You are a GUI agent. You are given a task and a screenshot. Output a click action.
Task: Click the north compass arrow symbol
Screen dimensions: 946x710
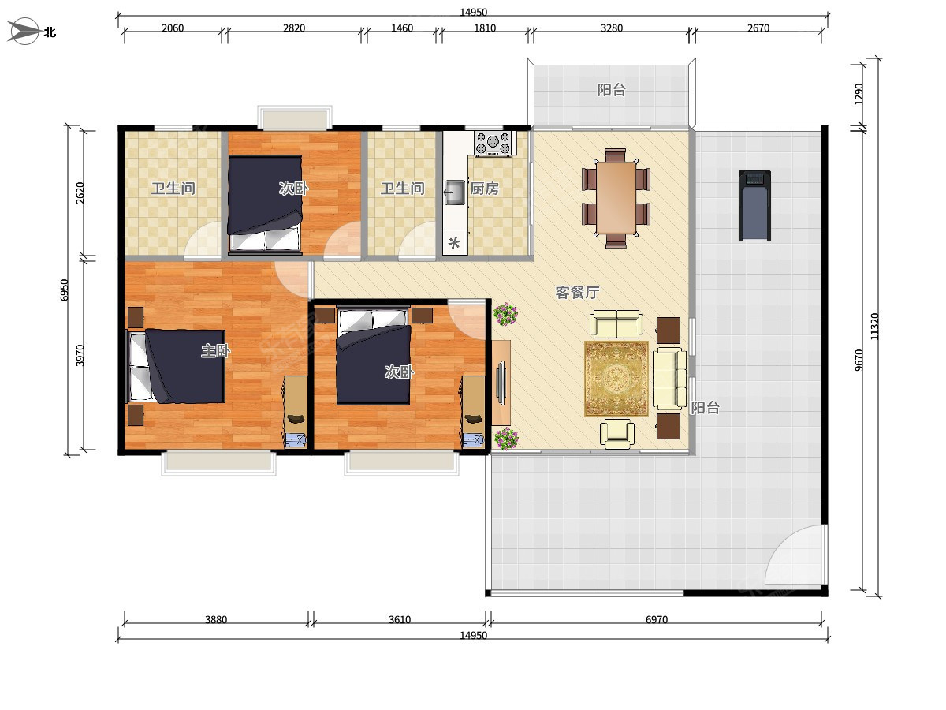pos(24,31)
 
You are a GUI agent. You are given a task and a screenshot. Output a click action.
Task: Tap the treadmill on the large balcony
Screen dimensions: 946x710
pos(754,205)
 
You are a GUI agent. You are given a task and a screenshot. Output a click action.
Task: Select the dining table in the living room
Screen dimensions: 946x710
pos(616,198)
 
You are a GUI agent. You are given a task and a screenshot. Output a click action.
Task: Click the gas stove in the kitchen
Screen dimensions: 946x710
pos(494,143)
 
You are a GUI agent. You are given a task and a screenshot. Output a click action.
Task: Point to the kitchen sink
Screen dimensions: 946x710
pos(454,192)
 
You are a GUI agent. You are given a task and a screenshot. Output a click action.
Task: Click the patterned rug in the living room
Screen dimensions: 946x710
pos(616,379)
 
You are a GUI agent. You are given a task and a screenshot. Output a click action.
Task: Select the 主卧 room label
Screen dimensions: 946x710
pos(215,351)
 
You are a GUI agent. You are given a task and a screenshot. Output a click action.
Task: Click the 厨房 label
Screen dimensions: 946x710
pos(484,189)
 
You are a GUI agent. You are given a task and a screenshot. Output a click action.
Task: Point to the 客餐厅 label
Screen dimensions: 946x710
pos(577,293)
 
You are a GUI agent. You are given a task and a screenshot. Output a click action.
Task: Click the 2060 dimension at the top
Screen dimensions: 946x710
pos(173,28)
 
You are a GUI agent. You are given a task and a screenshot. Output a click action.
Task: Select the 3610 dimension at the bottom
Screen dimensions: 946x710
pos(400,620)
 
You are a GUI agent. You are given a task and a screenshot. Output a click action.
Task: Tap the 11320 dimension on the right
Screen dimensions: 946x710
pos(874,327)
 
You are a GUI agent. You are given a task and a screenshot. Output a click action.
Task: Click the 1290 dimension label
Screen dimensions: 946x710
pos(858,94)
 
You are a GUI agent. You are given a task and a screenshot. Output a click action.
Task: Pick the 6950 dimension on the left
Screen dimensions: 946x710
pos(64,290)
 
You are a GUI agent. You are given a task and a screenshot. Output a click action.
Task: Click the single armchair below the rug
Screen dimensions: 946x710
pos(617,434)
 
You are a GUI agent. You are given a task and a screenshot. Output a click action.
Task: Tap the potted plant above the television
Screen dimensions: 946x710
pos(505,314)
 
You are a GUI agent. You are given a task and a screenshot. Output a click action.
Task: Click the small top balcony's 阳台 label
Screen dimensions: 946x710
pos(611,90)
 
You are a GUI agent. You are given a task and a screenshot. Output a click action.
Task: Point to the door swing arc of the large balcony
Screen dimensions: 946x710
pos(782,543)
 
